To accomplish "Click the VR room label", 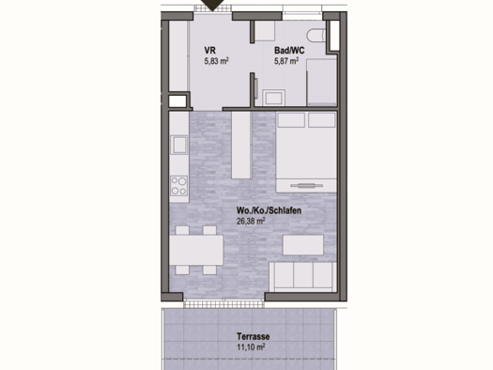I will [x=210, y=51].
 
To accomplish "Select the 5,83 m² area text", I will [x=218, y=62].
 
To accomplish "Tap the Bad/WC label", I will [x=287, y=51].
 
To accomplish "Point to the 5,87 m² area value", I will [x=286, y=62].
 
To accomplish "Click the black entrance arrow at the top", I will [x=218, y=6].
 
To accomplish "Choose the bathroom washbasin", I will [x=275, y=96].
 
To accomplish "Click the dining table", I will [x=196, y=250].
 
